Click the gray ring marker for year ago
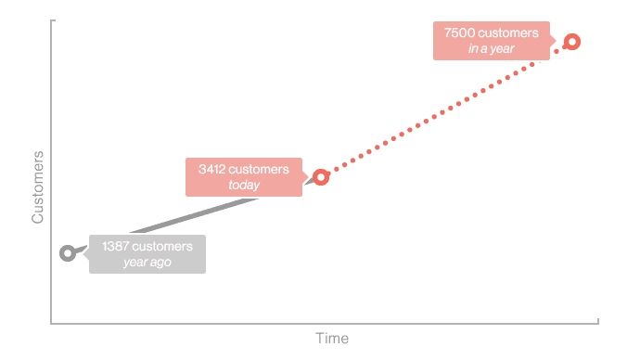pos(67,252)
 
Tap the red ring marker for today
pos(321,176)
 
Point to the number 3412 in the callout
pos(212,170)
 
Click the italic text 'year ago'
pos(147,263)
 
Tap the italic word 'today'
pos(244,186)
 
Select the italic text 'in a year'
pos(492,48)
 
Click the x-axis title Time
pos(332,339)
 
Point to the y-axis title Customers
pos(38,186)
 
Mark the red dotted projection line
pos(445,109)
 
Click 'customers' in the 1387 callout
pos(163,247)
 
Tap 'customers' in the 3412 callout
pos(259,170)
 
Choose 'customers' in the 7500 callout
pos(507,33)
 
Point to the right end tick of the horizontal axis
pos(598,322)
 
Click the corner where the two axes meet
pos(52,324)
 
